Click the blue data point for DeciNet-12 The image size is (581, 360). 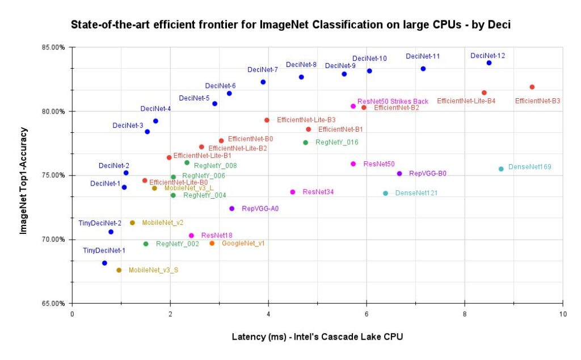click(x=489, y=63)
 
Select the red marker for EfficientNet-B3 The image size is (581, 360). click(x=532, y=87)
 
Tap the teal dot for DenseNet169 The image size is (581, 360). click(x=501, y=169)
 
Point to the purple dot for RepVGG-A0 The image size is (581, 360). click(x=231, y=208)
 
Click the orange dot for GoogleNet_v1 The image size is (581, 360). click(x=212, y=243)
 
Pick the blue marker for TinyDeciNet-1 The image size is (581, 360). click(x=104, y=263)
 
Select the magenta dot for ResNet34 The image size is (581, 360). click(x=293, y=192)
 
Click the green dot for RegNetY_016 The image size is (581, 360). click(x=305, y=143)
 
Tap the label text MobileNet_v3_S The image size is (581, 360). click(x=153, y=270)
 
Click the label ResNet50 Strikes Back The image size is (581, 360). click(x=393, y=102)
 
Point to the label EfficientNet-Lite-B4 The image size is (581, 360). click(x=466, y=101)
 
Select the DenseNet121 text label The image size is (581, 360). click(x=416, y=194)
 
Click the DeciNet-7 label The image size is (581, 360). click(x=263, y=70)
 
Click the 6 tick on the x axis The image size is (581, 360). click(x=367, y=314)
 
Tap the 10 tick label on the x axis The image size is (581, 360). click(x=562, y=314)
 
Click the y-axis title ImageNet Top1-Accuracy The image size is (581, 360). click(x=23, y=175)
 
